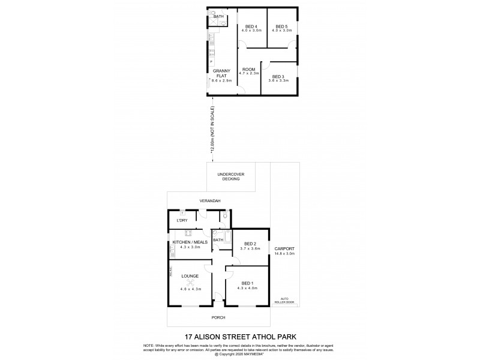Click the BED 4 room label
pyautogui.click(x=251, y=26)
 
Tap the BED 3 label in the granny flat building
pyautogui.click(x=277, y=76)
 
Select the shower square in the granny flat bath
pyautogui.click(x=213, y=24)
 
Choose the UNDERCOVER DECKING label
pyautogui.click(x=230, y=176)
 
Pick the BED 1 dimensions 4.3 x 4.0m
pyautogui.click(x=247, y=289)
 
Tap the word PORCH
pyautogui.click(x=218, y=317)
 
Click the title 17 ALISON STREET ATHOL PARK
pyautogui.click(x=240, y=338)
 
